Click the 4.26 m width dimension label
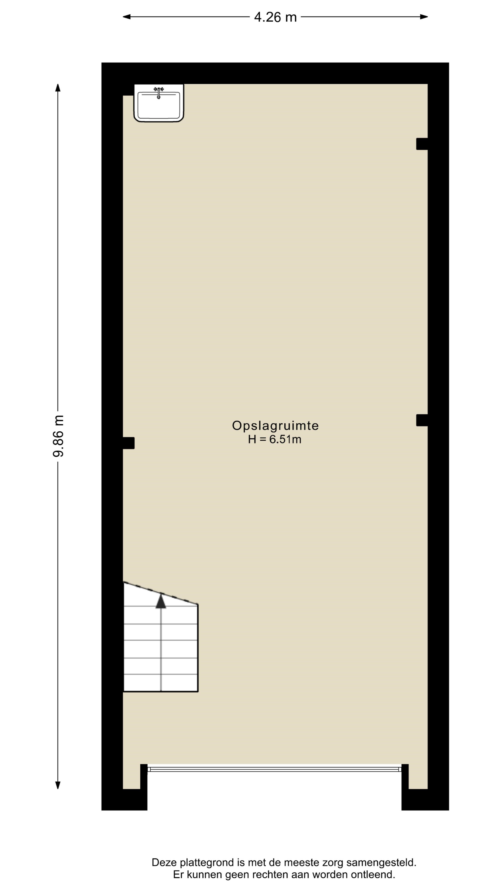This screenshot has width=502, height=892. pyautogui.click(x=275, y=17)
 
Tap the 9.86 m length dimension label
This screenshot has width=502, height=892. pyautogui.click(x=58, y=436)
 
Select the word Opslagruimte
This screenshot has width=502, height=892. pyautogui.click(x=275, y=425)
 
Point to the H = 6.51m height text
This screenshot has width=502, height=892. pyautogui.click(x=274, y=439)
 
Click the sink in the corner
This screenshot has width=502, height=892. pyautogui.click(x=159, y=103)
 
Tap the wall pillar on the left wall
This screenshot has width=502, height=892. pyautogui.click(x=129, y=443)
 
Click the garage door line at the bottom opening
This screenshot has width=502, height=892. pyautogui.click(x=274, y=769)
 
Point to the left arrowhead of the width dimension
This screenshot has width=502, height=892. pyautogui.click(x=126, y=17)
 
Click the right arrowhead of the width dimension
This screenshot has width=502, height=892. pyautogui.click(x=424, y=17)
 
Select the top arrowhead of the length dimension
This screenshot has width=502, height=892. pyautogui.click(x=58, y=88)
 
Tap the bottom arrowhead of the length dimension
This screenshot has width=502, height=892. pyautogui.click(x=58, y=785)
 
